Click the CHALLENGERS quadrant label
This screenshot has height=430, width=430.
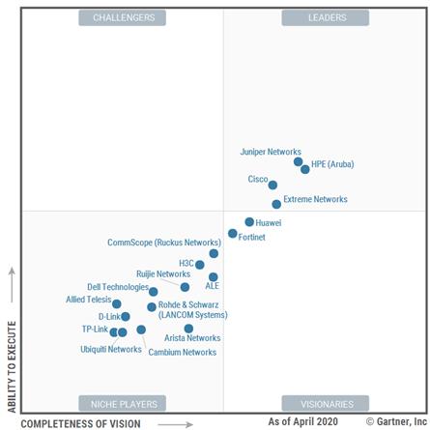122,17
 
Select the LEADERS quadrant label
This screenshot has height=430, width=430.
327,17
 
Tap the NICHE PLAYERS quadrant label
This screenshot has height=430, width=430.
122,403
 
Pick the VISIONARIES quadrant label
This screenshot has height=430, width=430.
327,403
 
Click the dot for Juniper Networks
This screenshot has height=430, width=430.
298,162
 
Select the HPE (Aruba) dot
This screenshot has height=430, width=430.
305,169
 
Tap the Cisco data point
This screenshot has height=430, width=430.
272,185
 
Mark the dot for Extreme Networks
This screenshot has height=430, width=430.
276,204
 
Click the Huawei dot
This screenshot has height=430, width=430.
248,222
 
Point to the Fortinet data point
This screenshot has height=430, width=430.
233,234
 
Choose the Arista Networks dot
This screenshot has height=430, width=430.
188,329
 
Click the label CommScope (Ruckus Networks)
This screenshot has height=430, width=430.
163,243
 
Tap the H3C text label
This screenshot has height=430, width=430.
186,263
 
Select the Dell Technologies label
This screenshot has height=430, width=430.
118,287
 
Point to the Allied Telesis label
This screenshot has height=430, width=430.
88,300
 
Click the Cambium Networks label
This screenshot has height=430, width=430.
182,352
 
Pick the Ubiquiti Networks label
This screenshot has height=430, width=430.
110,349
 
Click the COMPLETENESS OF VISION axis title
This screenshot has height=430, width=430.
80,423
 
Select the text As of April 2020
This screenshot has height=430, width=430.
303,422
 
